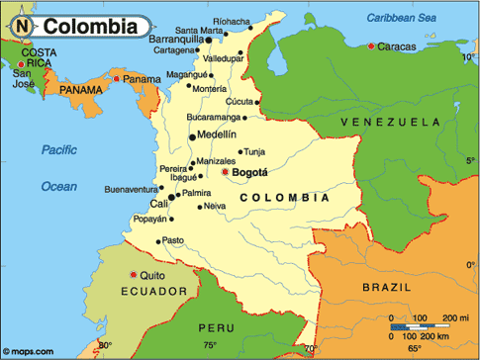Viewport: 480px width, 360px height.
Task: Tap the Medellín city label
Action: click(218, 134)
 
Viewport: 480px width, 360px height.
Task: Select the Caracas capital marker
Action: click(371, 46)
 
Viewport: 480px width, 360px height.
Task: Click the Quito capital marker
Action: click(134, 275)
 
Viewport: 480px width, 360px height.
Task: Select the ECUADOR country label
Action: click(154, 292)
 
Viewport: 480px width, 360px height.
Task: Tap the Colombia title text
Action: click(89, 26)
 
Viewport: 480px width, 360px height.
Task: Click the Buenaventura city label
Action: click(132, 188)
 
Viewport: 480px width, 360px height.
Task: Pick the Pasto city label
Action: click(173, 240)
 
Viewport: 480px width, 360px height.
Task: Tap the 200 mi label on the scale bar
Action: click(457, 316)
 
